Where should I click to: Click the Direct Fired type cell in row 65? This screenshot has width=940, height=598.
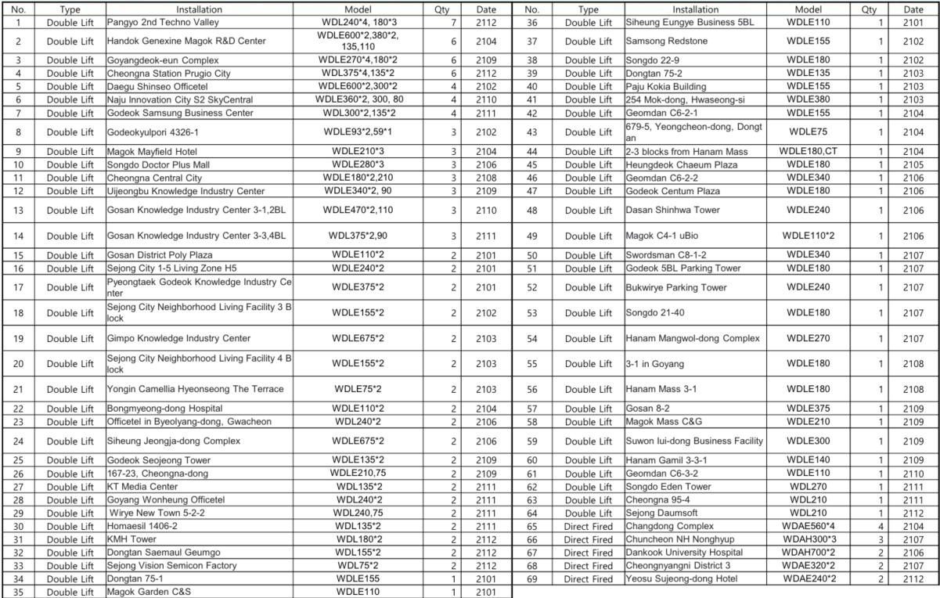click(x=588, y=526)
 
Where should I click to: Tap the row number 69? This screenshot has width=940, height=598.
click(x=531, y=578)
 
